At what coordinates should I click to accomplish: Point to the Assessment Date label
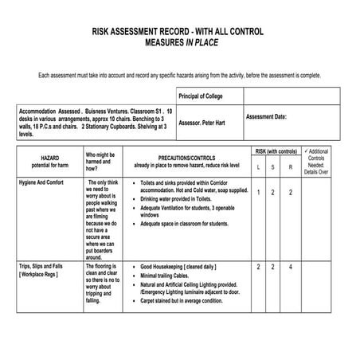[x=266, y=117]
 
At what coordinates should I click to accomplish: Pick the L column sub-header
[x=258, y=166]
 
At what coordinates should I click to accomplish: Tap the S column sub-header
[x=273, y=166]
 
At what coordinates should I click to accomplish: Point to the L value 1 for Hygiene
[x=258, y=193]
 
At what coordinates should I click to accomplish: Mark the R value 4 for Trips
[x=291, y=266]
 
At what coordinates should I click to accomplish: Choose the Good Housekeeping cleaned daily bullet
[x=178, y=266]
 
